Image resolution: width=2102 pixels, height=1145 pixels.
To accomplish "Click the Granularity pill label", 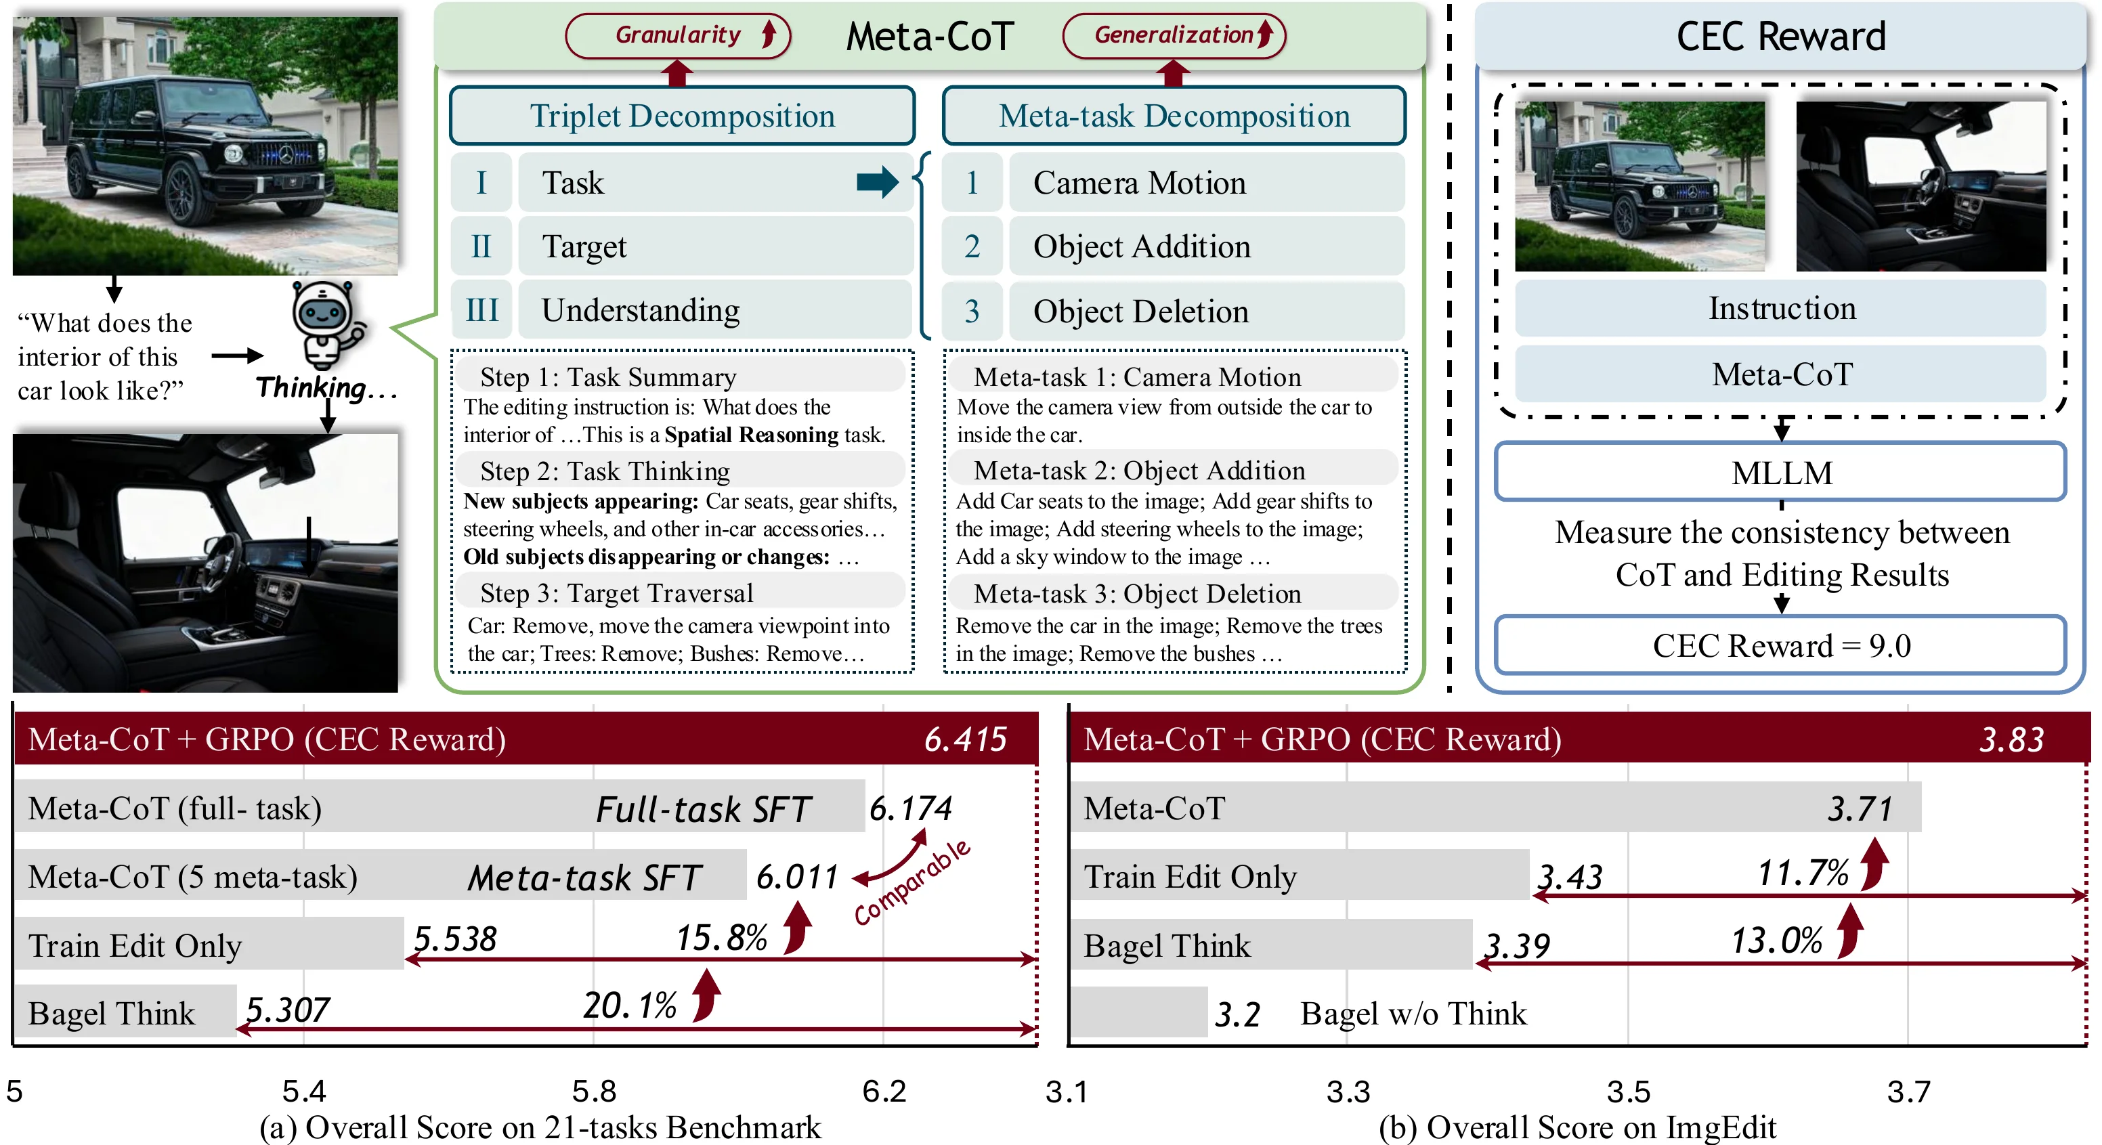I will tap(677, 35).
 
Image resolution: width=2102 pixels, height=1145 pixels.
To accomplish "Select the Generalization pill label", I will tap(1174, 35).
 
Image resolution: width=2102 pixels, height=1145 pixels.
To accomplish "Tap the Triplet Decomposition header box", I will tap(682, 116).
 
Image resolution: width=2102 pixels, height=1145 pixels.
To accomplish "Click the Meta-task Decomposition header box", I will tap(1174, 116).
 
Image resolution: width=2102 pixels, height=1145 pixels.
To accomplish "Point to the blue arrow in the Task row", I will tap(876, 182).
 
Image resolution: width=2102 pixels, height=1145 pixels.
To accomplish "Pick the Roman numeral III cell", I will tap(481, 310).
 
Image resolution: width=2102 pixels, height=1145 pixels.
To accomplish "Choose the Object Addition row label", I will tap(1141, 246).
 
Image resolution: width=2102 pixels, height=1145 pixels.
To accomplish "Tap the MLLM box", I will tap(1780, 473).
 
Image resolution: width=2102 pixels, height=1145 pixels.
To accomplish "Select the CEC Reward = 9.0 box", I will tap(1780, 645).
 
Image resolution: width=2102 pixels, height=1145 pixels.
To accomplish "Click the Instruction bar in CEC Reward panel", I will tap(1780, 309).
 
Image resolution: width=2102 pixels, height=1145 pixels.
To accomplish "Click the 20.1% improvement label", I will tap(630, 1006).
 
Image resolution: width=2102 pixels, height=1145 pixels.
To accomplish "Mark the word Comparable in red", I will tap(912, 883).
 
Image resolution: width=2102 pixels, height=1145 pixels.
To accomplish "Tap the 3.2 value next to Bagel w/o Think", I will tap(1237, 1014).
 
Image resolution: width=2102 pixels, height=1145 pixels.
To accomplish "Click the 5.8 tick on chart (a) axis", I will tap(593, 1091).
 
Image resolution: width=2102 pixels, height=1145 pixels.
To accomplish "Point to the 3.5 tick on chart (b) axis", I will tap(1628, 1091).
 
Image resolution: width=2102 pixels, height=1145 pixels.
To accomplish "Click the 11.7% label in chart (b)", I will tap(1802, 873).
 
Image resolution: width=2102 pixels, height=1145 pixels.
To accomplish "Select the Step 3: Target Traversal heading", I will tap(616, 593).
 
